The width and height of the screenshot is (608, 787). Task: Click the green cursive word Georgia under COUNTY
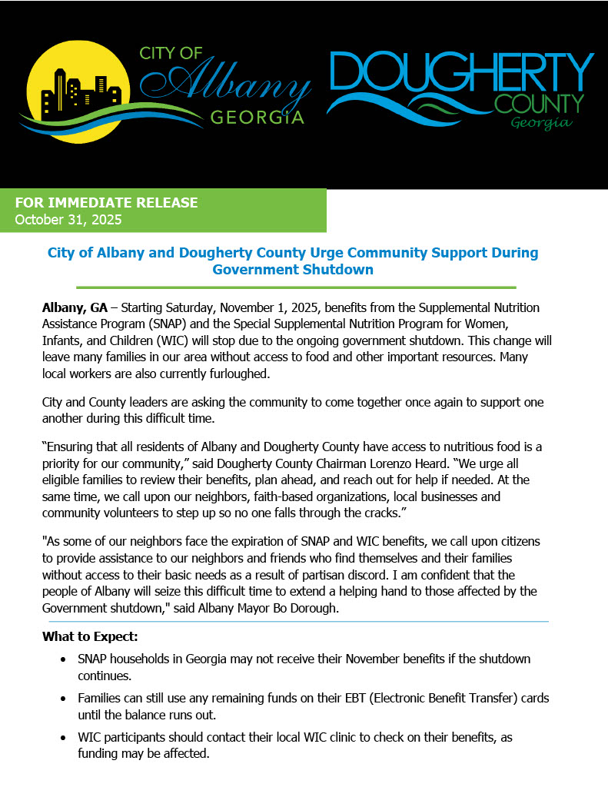point(541,123)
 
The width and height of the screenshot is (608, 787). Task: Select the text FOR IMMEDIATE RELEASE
point(107,203)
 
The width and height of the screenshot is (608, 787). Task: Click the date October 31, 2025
point(68,219)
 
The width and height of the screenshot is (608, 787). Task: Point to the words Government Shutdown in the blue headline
point(293,270)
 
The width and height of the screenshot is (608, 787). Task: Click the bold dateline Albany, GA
point(75,307)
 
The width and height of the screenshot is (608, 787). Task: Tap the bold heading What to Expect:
point(90,637)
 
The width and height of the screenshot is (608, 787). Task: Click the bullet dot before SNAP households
point(63,659)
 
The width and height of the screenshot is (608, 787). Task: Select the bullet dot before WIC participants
point(63,738)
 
